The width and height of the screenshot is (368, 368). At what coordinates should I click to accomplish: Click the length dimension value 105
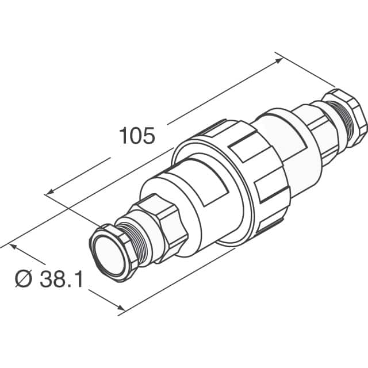(x=137, y=136)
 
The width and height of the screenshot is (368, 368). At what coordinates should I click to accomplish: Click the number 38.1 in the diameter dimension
(x=62, y=280)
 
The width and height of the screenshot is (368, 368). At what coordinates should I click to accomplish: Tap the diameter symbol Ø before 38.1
(x=23, y=280)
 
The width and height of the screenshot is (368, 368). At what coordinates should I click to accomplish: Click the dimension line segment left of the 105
(x=80, y=175)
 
